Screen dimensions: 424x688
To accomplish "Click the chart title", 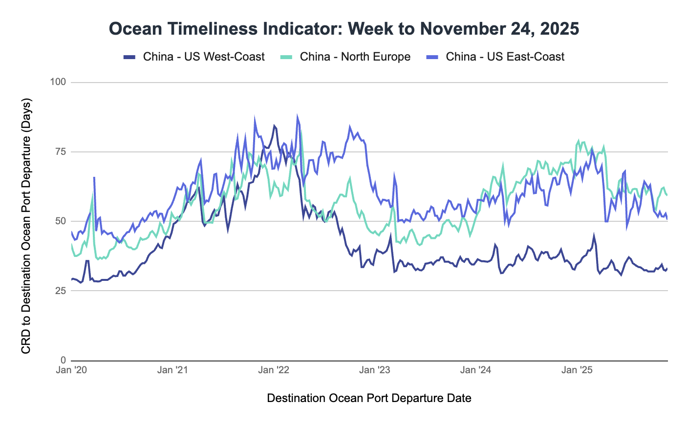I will coord(344,29).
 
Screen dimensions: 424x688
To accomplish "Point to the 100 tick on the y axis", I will coord(58,82).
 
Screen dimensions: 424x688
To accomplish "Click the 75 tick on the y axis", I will coord(60,151).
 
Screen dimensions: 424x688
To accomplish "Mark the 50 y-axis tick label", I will coord(60,221).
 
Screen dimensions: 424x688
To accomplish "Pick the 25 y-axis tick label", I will coord(60,291).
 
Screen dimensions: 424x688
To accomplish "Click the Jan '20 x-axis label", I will coord(71,370).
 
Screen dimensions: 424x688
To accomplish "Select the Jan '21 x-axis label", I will coord(172,370).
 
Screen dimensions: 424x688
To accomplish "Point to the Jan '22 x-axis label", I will coord(274,370).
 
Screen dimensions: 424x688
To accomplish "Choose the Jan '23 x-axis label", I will coord(375,370).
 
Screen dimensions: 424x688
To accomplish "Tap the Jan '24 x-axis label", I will coord(476,370).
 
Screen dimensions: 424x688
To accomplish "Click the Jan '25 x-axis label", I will coord(577,370).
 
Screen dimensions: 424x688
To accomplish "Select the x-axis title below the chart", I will coord(369,398).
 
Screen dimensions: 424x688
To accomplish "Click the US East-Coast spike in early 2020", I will coord(94,178).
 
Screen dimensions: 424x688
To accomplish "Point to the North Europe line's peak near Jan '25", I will coord(579,141).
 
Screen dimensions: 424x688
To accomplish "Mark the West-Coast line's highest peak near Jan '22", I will coord(274,126).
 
